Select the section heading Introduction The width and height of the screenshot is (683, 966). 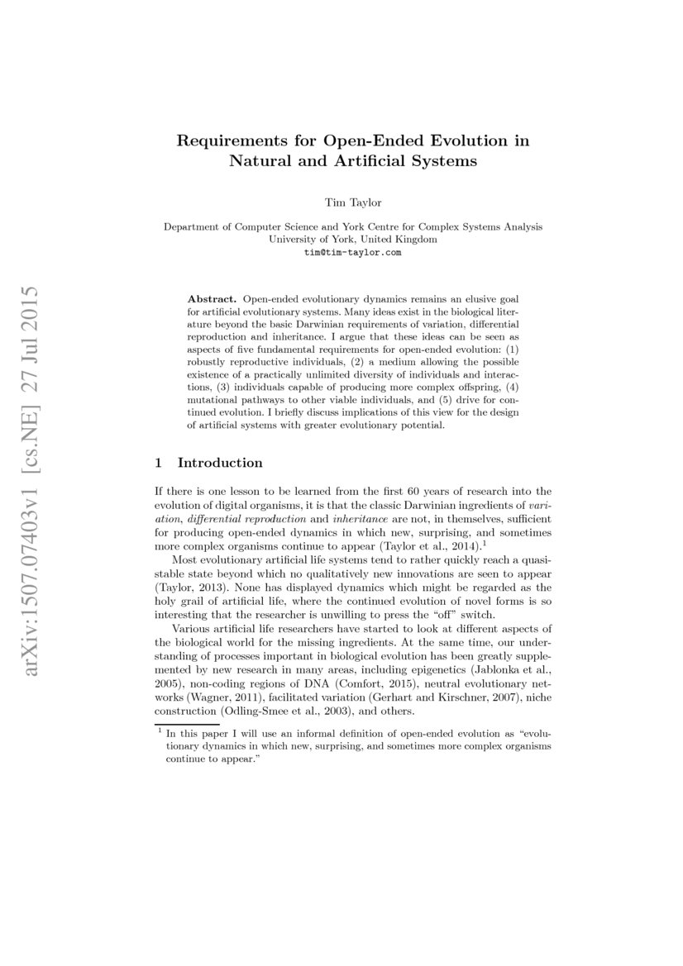[x=220, y=463]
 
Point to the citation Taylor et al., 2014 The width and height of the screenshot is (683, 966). [x=432, y=547]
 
